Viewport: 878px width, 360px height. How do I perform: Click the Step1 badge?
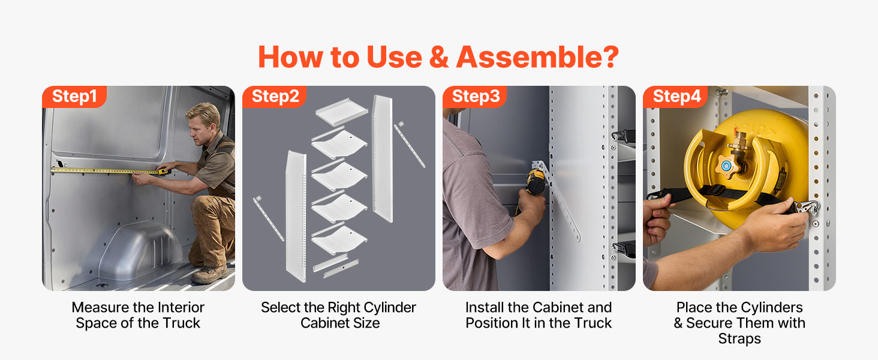74,97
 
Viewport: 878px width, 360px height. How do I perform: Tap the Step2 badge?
275,97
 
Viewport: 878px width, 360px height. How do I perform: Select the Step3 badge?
474,97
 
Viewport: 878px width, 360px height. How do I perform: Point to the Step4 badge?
675,97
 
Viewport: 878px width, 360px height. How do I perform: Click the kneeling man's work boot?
210,274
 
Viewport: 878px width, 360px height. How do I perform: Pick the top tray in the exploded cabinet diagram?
341,112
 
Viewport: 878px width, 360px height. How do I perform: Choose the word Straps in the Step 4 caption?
739,339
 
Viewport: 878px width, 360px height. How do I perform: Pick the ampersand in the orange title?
439,57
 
